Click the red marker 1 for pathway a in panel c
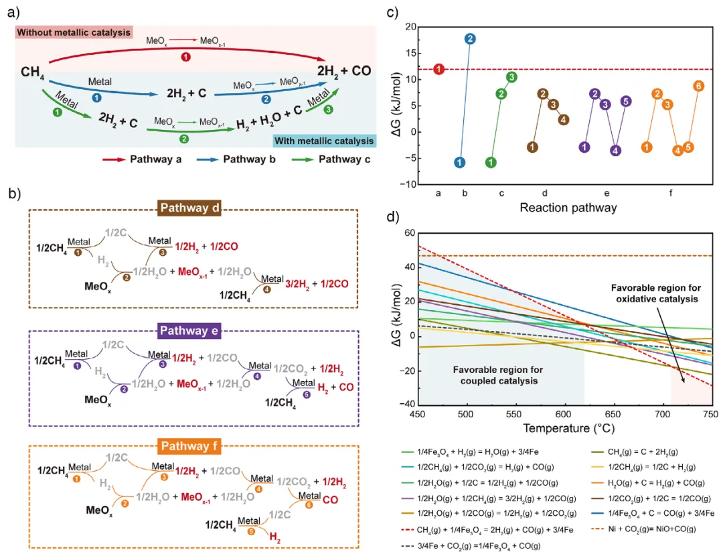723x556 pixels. pyautogui.click(x=438, y=69)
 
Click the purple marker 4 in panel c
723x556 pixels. pyautogui.click(x=615, y=150)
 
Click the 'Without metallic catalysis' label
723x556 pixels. pyautogui.click(x=74, y=32)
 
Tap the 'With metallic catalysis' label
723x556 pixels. pyautogui.click(x=323, y=141)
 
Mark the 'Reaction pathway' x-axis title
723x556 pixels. pyautogui.click(x=568, y=208)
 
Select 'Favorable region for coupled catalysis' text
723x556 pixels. pyautogui.click(x=497, y=375)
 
